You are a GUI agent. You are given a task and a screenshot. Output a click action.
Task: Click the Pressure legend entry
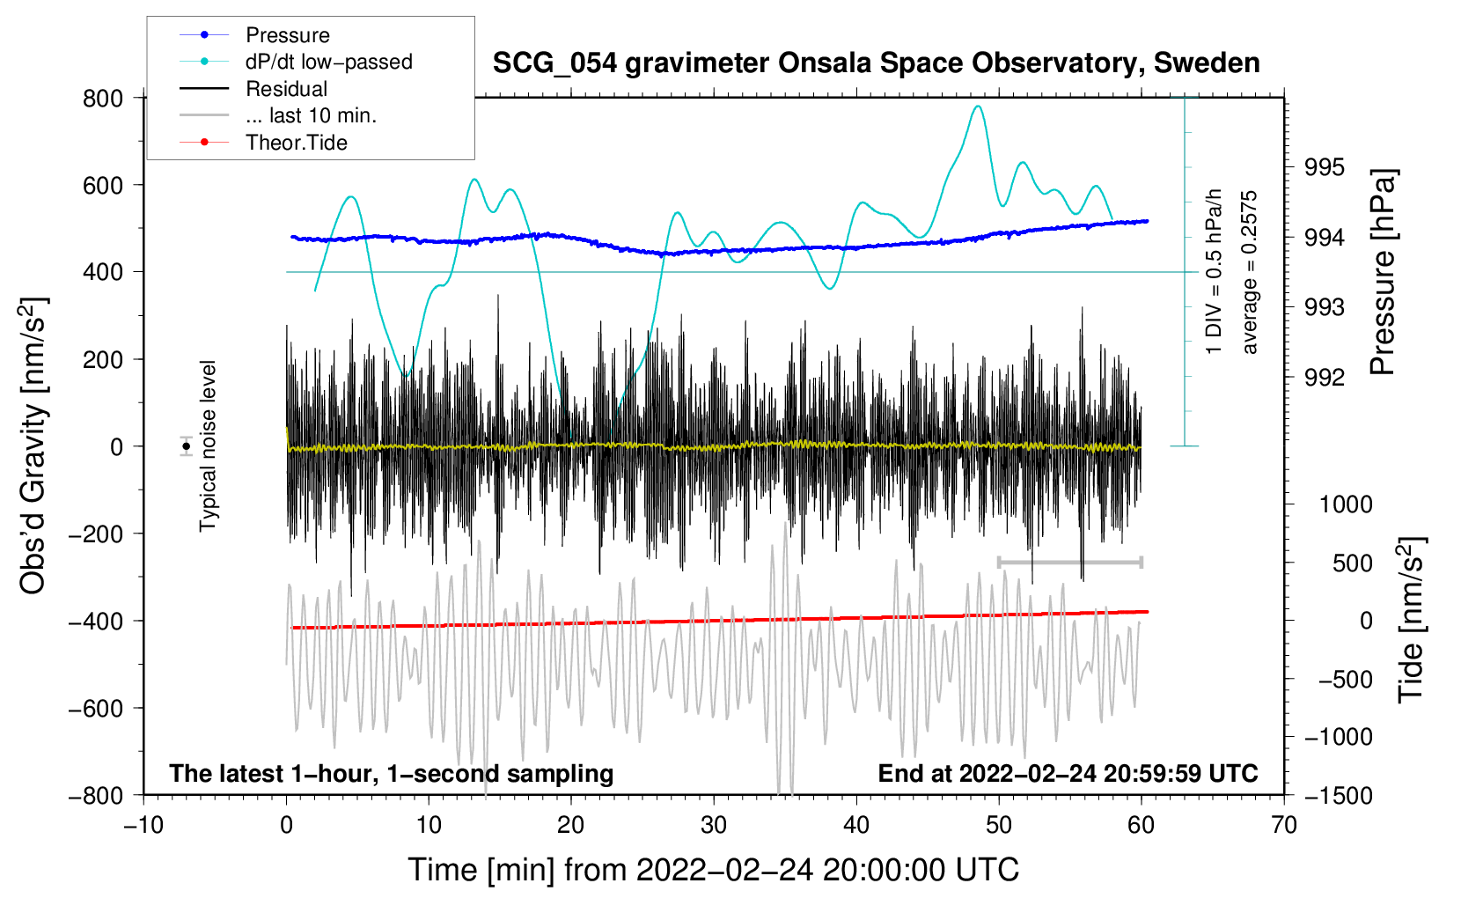[x=287, y=35]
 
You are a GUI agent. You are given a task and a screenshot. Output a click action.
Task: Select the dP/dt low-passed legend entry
[x=328, y=62]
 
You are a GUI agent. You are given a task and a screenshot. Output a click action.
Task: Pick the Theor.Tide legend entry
[x=296, y=143]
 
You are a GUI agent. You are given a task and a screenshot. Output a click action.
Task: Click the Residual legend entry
[x=286, y=89]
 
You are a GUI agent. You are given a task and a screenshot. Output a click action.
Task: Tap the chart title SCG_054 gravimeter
[x=876, y=63]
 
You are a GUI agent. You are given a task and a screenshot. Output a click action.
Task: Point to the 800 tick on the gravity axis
[x=103, y=99]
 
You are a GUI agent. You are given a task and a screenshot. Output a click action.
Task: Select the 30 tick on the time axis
[x=714, y=825]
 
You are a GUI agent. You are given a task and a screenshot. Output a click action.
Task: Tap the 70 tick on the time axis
[x=1284, y=825]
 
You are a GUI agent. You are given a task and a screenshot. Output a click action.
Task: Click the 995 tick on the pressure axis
[x=1325, y=167]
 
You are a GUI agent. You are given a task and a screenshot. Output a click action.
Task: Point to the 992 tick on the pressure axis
[x=1325, y=378]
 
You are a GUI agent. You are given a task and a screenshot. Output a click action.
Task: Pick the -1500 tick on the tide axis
[x=1339, y=795]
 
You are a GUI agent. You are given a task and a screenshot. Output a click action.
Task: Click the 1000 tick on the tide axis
[x=1346, y=504]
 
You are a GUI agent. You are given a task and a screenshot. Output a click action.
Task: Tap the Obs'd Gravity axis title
[x=33, y=445]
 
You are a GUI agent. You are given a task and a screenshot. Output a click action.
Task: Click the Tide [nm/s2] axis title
[x=1411, y=620]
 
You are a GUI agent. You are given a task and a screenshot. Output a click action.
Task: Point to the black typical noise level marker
[x=187, y=446]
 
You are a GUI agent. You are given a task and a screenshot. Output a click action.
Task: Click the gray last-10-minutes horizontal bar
[x=1069, y=562]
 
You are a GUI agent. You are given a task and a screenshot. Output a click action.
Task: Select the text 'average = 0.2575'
[x=1250, y=273]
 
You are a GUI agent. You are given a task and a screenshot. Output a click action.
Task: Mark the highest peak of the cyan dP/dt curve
[x=977, y=106]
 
